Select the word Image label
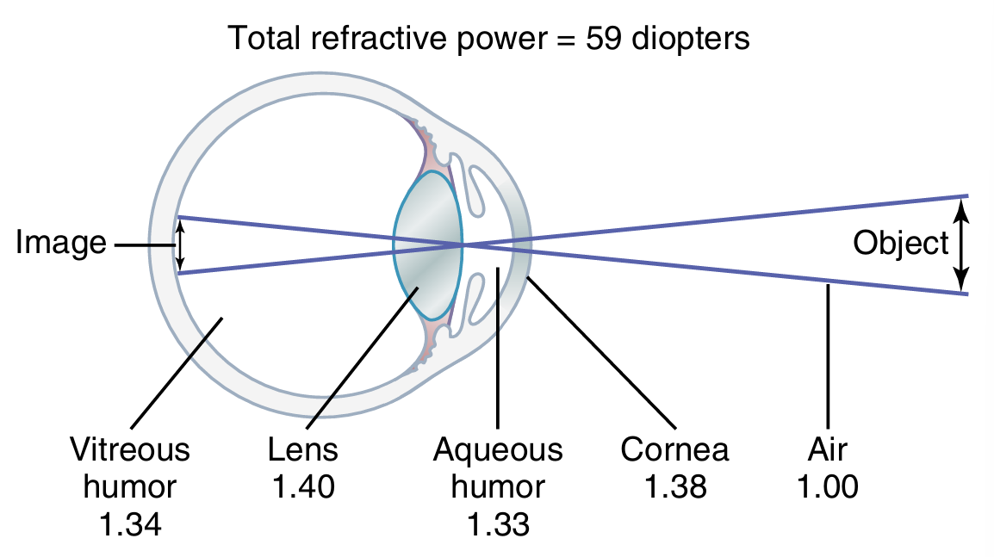(x=60, y=244)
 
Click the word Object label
(x=900, y=244)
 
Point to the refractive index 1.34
(x=128, y=524)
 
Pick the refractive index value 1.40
(x=303, y=487)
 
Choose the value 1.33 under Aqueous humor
(x=498, y=524)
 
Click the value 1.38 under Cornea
(x=675, y=487)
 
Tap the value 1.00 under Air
(x=828, y=487)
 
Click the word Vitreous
(x=129, y=449)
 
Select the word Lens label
(x=303, y=449)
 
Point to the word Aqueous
(x=498, y=449)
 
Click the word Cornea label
(x=675, y=449)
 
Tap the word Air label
(x=828, y=449)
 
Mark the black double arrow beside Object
(x=962, y=244)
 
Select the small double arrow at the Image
(x=179, y=244)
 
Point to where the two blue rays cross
(x=463, y=245)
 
